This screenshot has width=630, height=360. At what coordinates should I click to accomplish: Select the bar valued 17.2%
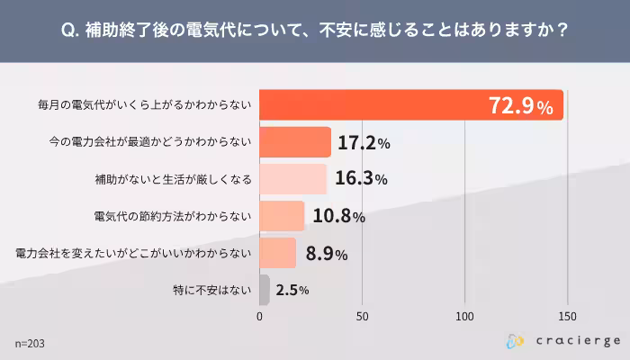point(295,142)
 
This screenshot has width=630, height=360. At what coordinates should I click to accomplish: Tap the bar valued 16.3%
point(293,179)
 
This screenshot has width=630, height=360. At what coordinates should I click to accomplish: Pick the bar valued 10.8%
point(283,216)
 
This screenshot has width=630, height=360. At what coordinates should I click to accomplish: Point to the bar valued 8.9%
point(278,253)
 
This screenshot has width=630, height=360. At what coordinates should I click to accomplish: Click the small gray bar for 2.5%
point(265,290)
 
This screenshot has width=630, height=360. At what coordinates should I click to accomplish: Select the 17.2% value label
point(364,142)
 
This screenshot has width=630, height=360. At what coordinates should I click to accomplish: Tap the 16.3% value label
point(361,179)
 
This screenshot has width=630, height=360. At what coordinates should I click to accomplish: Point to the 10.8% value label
point(339,216)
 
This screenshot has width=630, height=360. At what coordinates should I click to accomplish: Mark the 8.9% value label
point(327,253)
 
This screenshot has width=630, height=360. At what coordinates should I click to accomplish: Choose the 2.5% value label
point(292,290)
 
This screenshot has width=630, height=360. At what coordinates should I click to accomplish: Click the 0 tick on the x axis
point(260,316)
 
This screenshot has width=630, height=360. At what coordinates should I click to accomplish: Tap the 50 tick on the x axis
point(363,316)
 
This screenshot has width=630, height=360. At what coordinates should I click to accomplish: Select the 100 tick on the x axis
point(465,316)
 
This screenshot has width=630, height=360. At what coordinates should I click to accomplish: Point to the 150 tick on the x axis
point(568,316)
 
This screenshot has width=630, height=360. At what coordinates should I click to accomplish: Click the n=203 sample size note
point(31,343)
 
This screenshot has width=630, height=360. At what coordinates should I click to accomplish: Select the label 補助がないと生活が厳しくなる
point(174,179)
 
